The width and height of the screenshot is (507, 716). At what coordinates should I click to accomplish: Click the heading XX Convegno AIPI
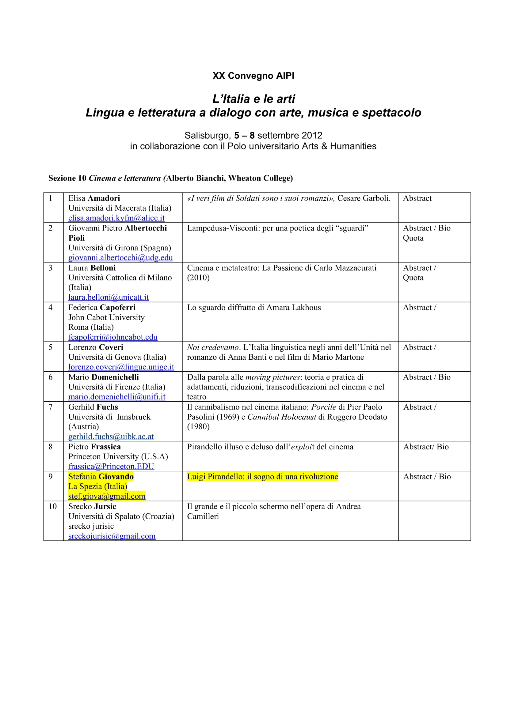coord(253,76)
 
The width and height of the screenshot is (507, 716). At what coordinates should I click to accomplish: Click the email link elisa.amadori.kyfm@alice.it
coord(116,218)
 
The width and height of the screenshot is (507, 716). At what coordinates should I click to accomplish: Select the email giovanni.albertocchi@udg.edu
coord(120,257)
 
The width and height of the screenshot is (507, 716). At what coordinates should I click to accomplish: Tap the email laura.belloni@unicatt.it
coord(108,297)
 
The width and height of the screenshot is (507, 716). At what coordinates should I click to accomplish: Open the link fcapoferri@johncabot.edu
coord(113,337)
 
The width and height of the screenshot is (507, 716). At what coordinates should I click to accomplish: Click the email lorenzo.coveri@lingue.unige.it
coord(121,367)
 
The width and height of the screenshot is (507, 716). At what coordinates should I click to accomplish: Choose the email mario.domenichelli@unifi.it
coord(117,397)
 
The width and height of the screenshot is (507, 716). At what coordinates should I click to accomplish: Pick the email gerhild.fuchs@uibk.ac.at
coord(111,437)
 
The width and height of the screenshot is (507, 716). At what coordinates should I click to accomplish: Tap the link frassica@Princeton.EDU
coord(111,467)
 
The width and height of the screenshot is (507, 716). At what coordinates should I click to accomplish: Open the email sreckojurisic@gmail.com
coord(112,536)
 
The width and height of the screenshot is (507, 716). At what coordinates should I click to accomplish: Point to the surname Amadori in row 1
coord(104,198)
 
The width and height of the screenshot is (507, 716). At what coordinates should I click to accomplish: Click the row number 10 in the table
coord(52,506)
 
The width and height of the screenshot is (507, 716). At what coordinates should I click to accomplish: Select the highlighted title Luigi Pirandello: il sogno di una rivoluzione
coord(262,477)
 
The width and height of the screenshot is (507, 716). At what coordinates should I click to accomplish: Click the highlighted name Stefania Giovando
coord(101,477)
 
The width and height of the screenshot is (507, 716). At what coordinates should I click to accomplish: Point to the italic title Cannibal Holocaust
coord(282,417)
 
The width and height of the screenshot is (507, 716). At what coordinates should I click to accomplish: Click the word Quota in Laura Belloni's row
coord(413,278)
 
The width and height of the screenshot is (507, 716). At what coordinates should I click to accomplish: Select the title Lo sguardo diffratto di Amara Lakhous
coord(254,307)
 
